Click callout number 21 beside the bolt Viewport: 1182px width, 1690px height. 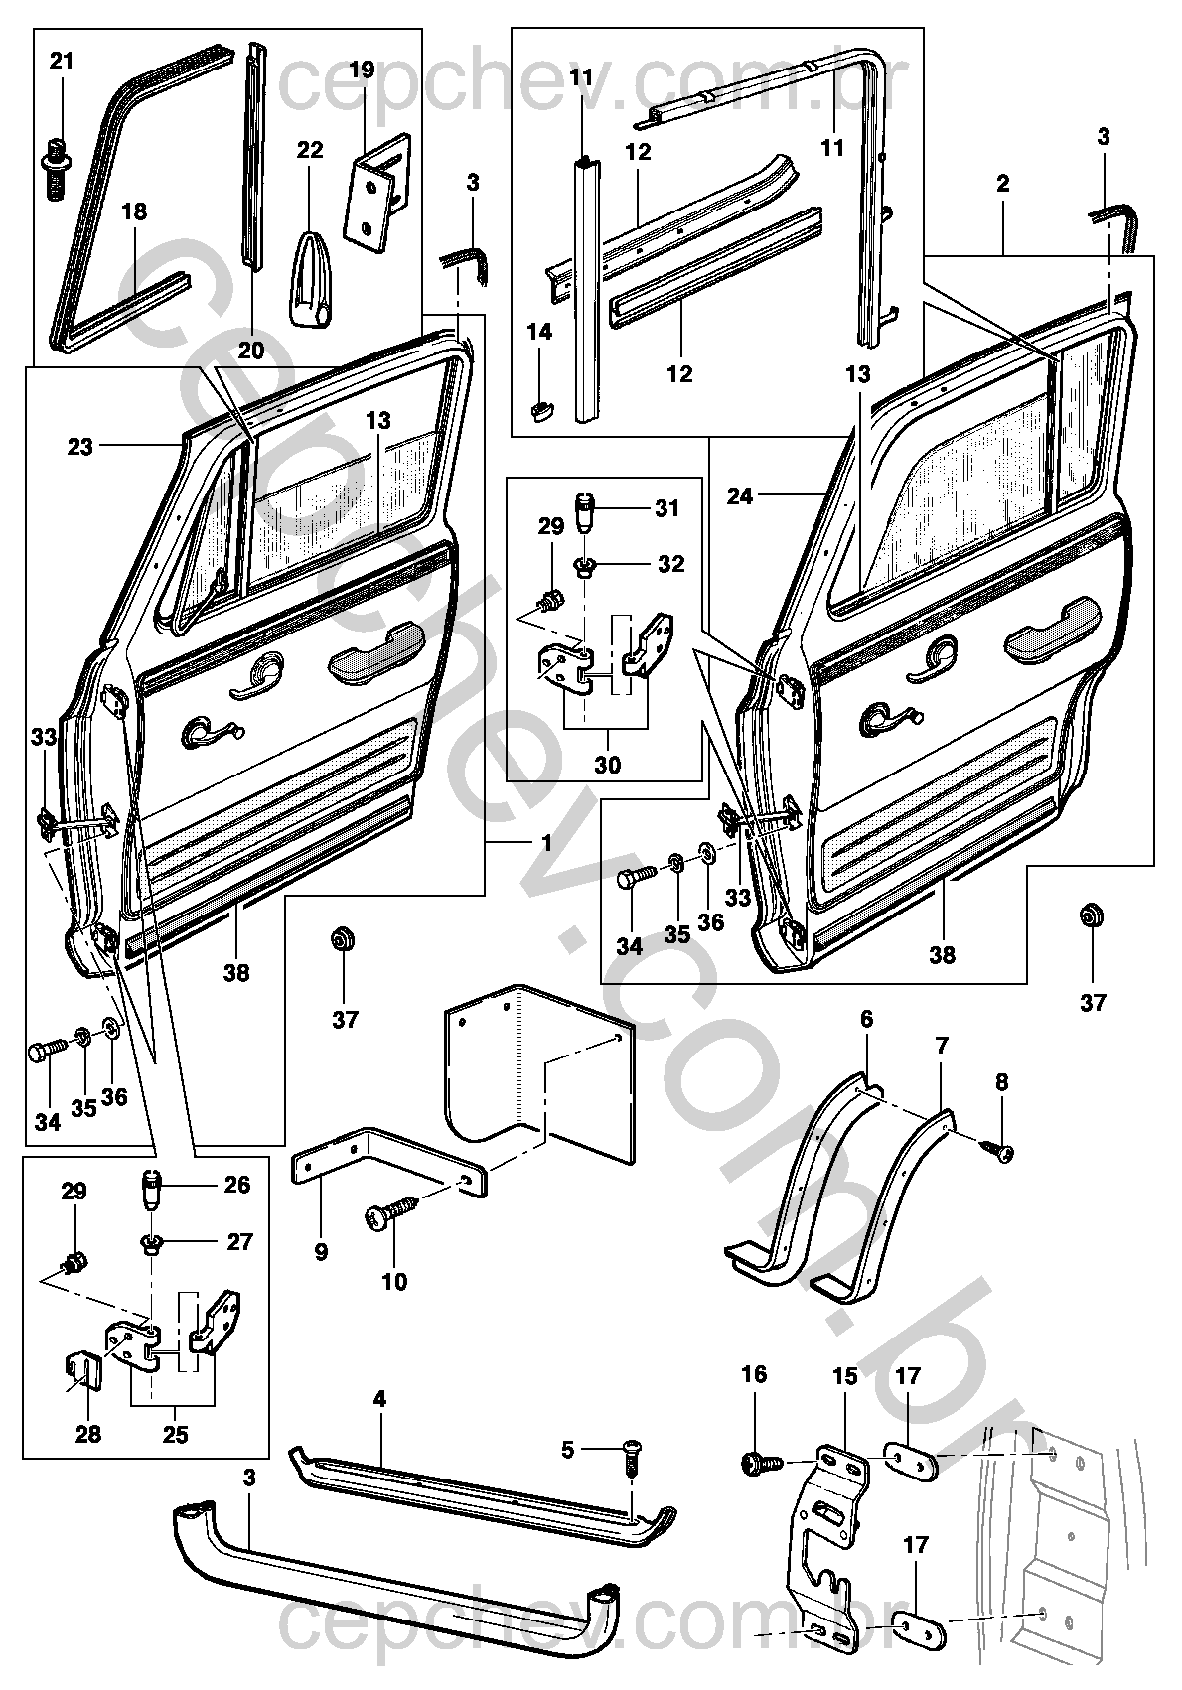(x=62, y=61)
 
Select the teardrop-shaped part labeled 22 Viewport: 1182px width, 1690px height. (x=311, y=286)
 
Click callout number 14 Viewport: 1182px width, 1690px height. (x=539, y=332)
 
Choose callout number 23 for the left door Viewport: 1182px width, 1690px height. (x=80, y=447)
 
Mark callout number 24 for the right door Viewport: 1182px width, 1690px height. (x=740, y=495)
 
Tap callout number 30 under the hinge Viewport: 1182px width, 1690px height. (x=607, y=765)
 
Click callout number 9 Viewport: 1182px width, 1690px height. (x=321, y=1251)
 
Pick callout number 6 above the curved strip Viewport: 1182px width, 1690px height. (x=866, y=1019)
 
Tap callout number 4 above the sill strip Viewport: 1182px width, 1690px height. (x=379, y=1399)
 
